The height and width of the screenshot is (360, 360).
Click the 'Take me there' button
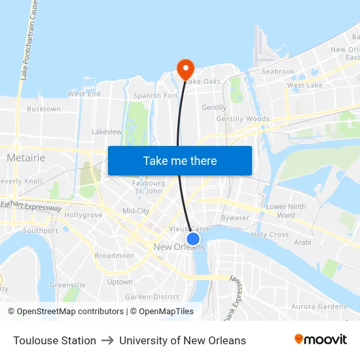(180, 160)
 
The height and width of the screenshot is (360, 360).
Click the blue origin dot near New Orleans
(193, 239)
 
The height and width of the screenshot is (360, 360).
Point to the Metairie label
(26, 158)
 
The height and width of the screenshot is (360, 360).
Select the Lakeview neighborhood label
(107, 132)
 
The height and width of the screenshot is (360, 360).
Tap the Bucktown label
(44, 109)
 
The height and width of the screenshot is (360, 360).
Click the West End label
(84, 94)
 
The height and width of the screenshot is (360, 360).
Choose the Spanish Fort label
(156, 96)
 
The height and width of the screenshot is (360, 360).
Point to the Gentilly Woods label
(243, 119)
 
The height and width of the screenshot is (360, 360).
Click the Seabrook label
(278, 71)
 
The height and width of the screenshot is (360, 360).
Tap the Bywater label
(235, 218)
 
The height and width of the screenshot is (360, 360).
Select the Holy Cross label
(270, 234)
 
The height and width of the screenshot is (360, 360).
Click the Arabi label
(302, 242)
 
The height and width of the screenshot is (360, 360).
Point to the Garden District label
(152, 297)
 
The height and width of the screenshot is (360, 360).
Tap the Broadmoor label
(114, 255)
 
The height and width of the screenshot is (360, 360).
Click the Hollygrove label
(84, 215)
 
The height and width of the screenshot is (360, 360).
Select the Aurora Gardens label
(319, 306)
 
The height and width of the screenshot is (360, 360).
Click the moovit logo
(320, 340)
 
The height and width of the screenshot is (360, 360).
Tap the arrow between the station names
(107, 340)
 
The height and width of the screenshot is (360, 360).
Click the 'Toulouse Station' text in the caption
(54, 340)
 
